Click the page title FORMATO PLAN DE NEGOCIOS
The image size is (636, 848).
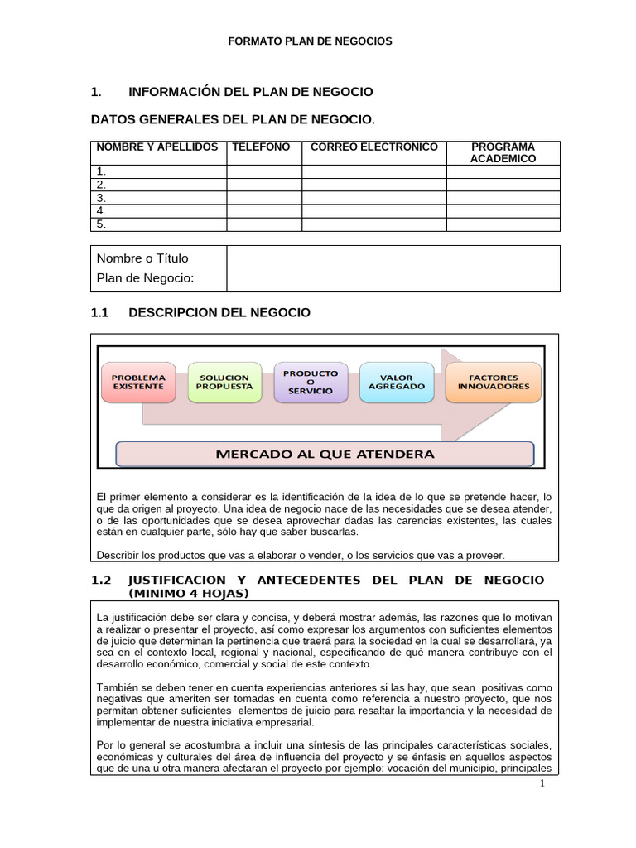coord(310,41)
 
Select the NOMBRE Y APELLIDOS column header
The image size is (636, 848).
coord(157,147)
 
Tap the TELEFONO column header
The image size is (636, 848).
coord(261,147)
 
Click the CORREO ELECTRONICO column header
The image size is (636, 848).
coord(373,147)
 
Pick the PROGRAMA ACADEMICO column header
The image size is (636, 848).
coord(503,153)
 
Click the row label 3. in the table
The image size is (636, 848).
coord(102,198)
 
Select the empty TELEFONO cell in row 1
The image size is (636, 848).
coord(264,172)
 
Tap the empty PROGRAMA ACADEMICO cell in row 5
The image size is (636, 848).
coord(503,224)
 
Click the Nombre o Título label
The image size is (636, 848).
coord(142,258)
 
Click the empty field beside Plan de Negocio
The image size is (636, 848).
coord(393,268)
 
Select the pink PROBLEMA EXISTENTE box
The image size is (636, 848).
coord(138,382)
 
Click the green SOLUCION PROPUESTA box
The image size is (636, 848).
coord(224,382)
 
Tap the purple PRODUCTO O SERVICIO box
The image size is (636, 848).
coord(310,382)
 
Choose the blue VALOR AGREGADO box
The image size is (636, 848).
coord(396,382)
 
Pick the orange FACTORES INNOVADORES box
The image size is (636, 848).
coord(493,382)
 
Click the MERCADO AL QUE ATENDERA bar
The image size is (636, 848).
coord(325,454)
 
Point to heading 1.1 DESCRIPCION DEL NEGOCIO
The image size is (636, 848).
coord(200,312)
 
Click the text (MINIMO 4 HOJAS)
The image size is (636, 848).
coord(188,595)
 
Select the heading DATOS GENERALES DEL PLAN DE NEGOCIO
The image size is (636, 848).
coord(226,120)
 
